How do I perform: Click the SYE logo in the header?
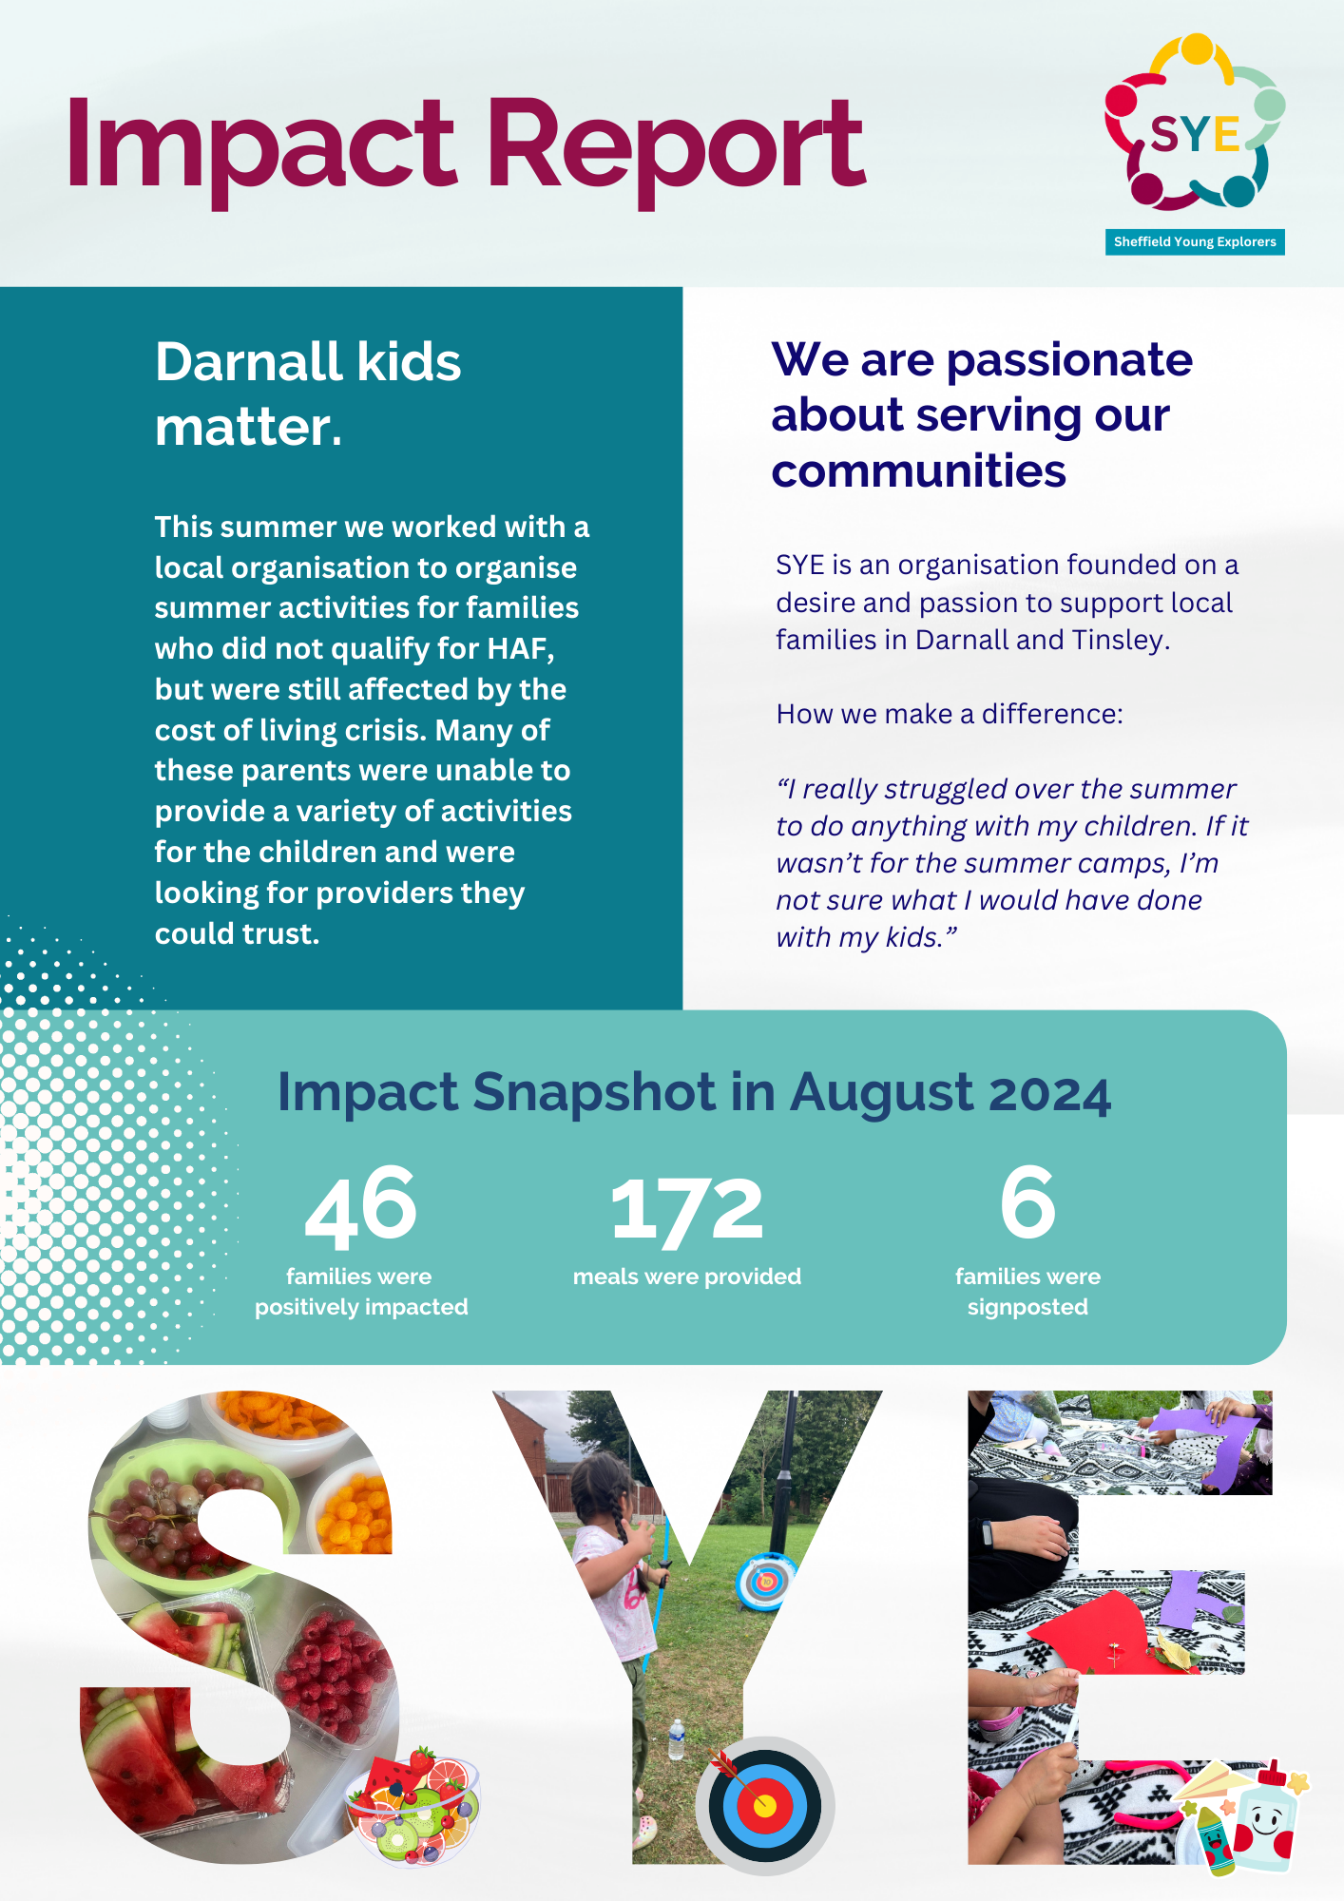click(x=1195, y=123)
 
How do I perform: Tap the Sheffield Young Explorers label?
click(x=1195, y=242)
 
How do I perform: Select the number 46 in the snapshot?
click(x=361, y=1205)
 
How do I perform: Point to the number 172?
click(x=686, y=1209)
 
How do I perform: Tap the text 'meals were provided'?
click(x=687, y=1277)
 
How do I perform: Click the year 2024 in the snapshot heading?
click(x=1049, y=1093)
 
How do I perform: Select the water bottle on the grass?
click(x=676, y=1739)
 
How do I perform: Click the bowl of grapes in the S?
click(x=186, y=1507)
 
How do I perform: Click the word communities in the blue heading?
click(x=918, y=470)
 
